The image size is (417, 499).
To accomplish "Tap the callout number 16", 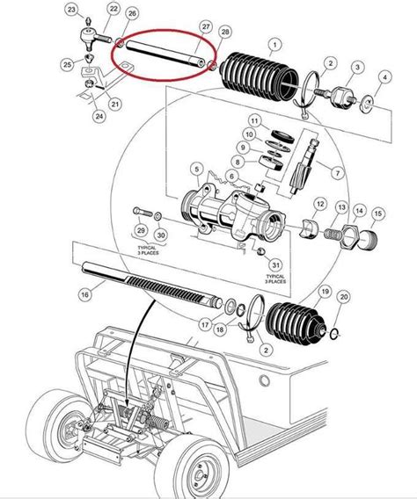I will pos(84,296).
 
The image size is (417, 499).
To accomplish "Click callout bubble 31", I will pos(275,266).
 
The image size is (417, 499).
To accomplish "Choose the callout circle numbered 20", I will pos(343,298).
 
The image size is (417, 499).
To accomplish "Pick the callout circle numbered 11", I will pos(253,120).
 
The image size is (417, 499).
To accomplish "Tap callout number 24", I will pos(99,115).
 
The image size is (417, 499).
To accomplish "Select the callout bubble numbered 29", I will pos(138,230).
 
